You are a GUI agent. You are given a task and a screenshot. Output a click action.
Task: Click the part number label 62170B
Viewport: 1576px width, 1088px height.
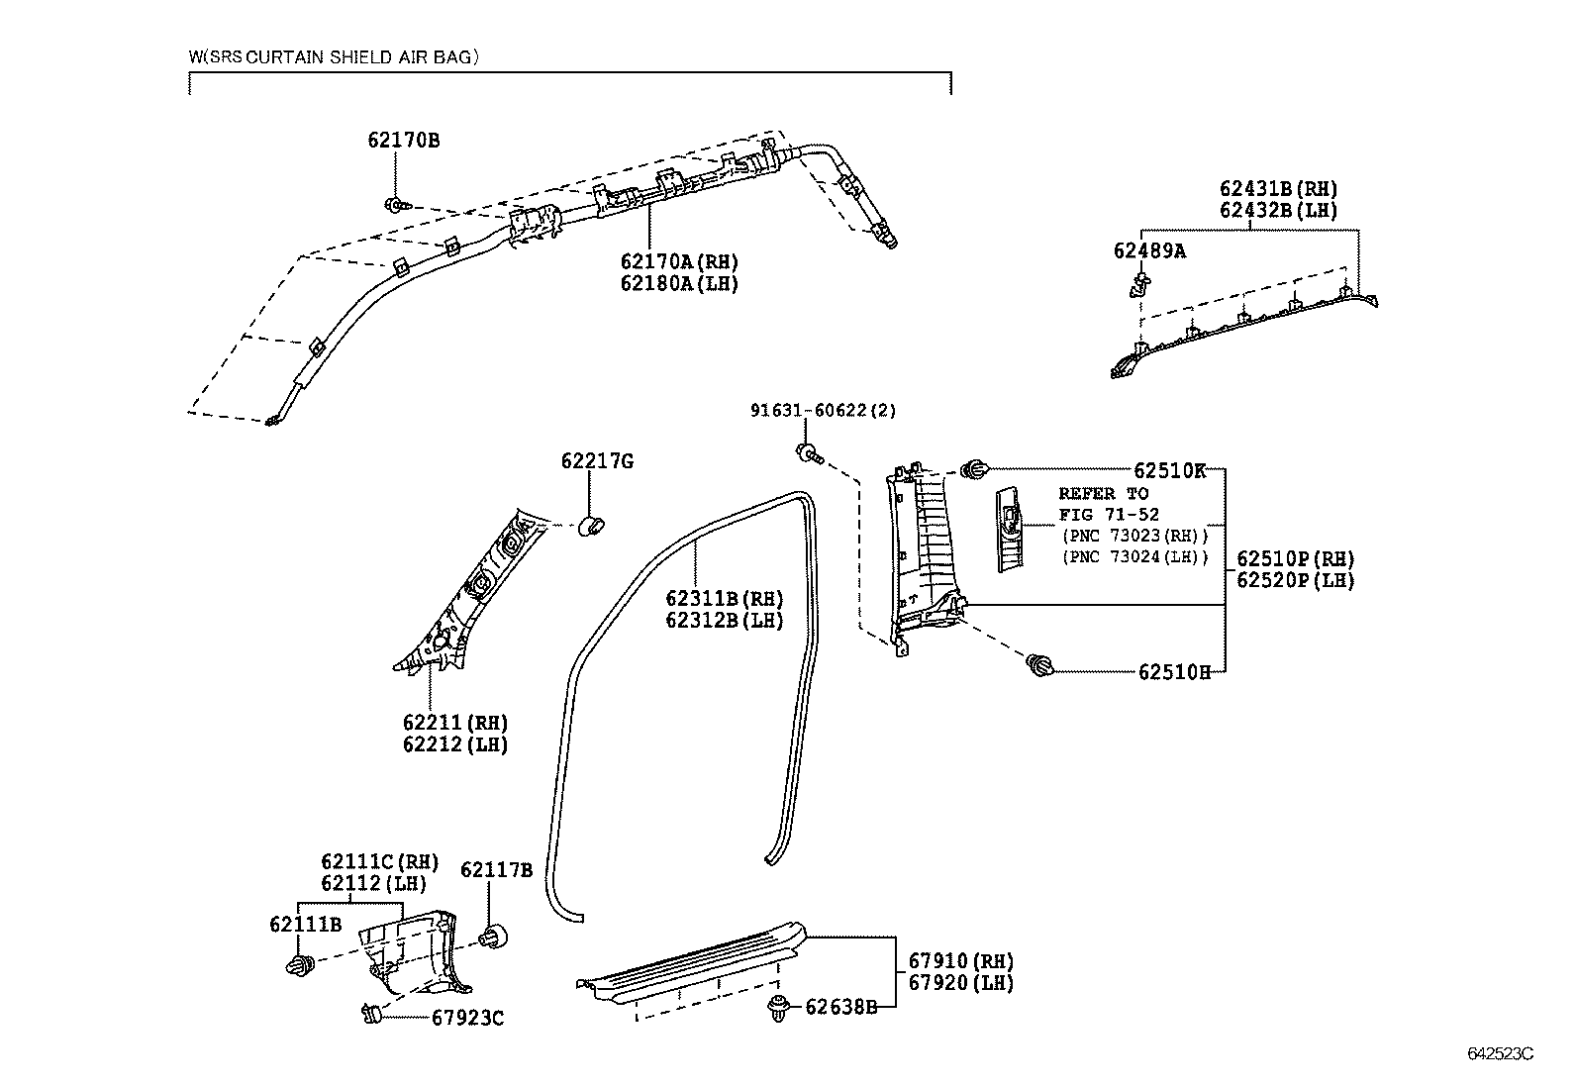pos(403,141)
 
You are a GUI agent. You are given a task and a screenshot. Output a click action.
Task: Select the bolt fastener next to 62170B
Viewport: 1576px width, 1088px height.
pos(395,206)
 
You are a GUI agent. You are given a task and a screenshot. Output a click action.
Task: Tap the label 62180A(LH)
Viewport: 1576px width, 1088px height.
pos(679,283)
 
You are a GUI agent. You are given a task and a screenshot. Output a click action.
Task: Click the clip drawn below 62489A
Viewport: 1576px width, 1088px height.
pos(1138,287)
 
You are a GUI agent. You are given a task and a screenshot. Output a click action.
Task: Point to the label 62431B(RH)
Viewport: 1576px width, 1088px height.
pos(1278,189)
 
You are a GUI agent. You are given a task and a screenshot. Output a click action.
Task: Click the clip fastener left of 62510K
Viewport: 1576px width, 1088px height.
pos(975,469)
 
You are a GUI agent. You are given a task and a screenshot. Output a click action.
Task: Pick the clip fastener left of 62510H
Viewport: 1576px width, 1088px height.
pos(1038,665)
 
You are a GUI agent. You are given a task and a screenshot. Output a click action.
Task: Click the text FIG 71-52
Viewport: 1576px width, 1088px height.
pos(1109,515)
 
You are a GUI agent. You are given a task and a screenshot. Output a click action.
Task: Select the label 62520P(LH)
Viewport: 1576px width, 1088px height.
pos(1295,581)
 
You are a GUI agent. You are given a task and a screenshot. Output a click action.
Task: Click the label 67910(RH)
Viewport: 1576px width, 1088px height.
pos(961,960)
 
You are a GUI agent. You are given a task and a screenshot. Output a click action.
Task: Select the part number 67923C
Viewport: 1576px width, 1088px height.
pos(467,1018)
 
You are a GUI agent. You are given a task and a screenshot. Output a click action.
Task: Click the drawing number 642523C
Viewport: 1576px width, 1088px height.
pos(1499,1053)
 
